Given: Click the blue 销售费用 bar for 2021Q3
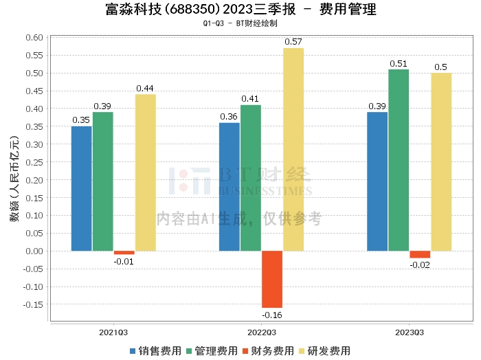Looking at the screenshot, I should (81, 188).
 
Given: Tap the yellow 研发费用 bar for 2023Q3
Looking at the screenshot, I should (441, 161).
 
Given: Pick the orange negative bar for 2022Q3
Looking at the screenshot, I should (272, 279).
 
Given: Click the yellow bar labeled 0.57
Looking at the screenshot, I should (293, 149).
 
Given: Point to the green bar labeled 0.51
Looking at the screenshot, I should (399, 160).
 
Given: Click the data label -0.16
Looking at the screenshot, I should (272, 315).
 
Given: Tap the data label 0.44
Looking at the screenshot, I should (145, 88).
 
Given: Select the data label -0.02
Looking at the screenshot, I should (420, 265).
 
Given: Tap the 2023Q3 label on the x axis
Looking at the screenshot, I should (409, 332).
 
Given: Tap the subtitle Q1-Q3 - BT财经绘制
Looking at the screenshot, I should (240, 23).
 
